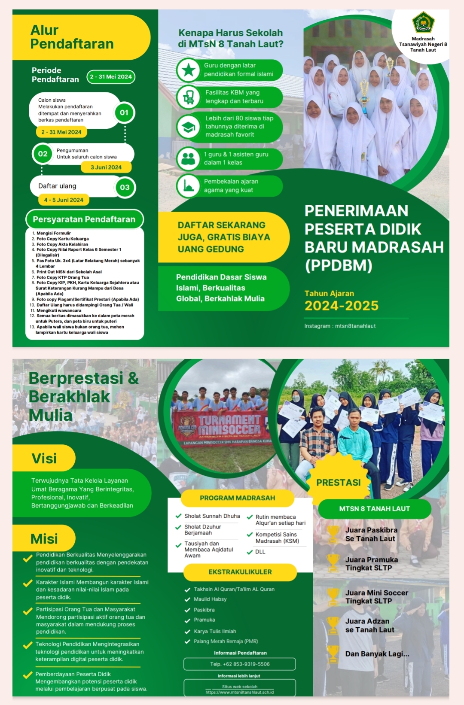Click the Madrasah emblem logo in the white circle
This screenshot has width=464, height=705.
coord(423,23)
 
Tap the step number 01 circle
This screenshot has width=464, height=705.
coord(124,113)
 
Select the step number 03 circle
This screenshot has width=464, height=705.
coord(125,188)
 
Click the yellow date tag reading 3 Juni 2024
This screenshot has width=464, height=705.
coord(106,167)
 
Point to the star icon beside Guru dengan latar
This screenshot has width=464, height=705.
coord(188,70)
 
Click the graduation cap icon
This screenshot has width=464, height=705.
coord(188,127)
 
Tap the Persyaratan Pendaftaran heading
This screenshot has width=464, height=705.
coord(84,219)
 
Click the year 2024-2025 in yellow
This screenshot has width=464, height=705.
coord(342,306)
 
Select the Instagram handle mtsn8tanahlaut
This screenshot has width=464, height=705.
coord(340,326)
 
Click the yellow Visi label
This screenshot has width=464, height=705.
coord(44,459)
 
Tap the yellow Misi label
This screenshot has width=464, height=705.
coord(44,539)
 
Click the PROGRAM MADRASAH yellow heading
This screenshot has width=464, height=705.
coord(237,498)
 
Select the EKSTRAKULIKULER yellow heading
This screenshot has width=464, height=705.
coord(240,572)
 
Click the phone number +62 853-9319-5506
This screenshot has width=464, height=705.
coord(240,664)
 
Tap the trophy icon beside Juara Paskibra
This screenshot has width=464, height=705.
coord(333,534)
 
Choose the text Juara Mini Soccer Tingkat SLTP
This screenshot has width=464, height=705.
coord(376,597)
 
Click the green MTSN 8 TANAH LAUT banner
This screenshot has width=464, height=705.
coord(374,509)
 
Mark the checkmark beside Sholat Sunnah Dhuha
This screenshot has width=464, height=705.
coord(178,516)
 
